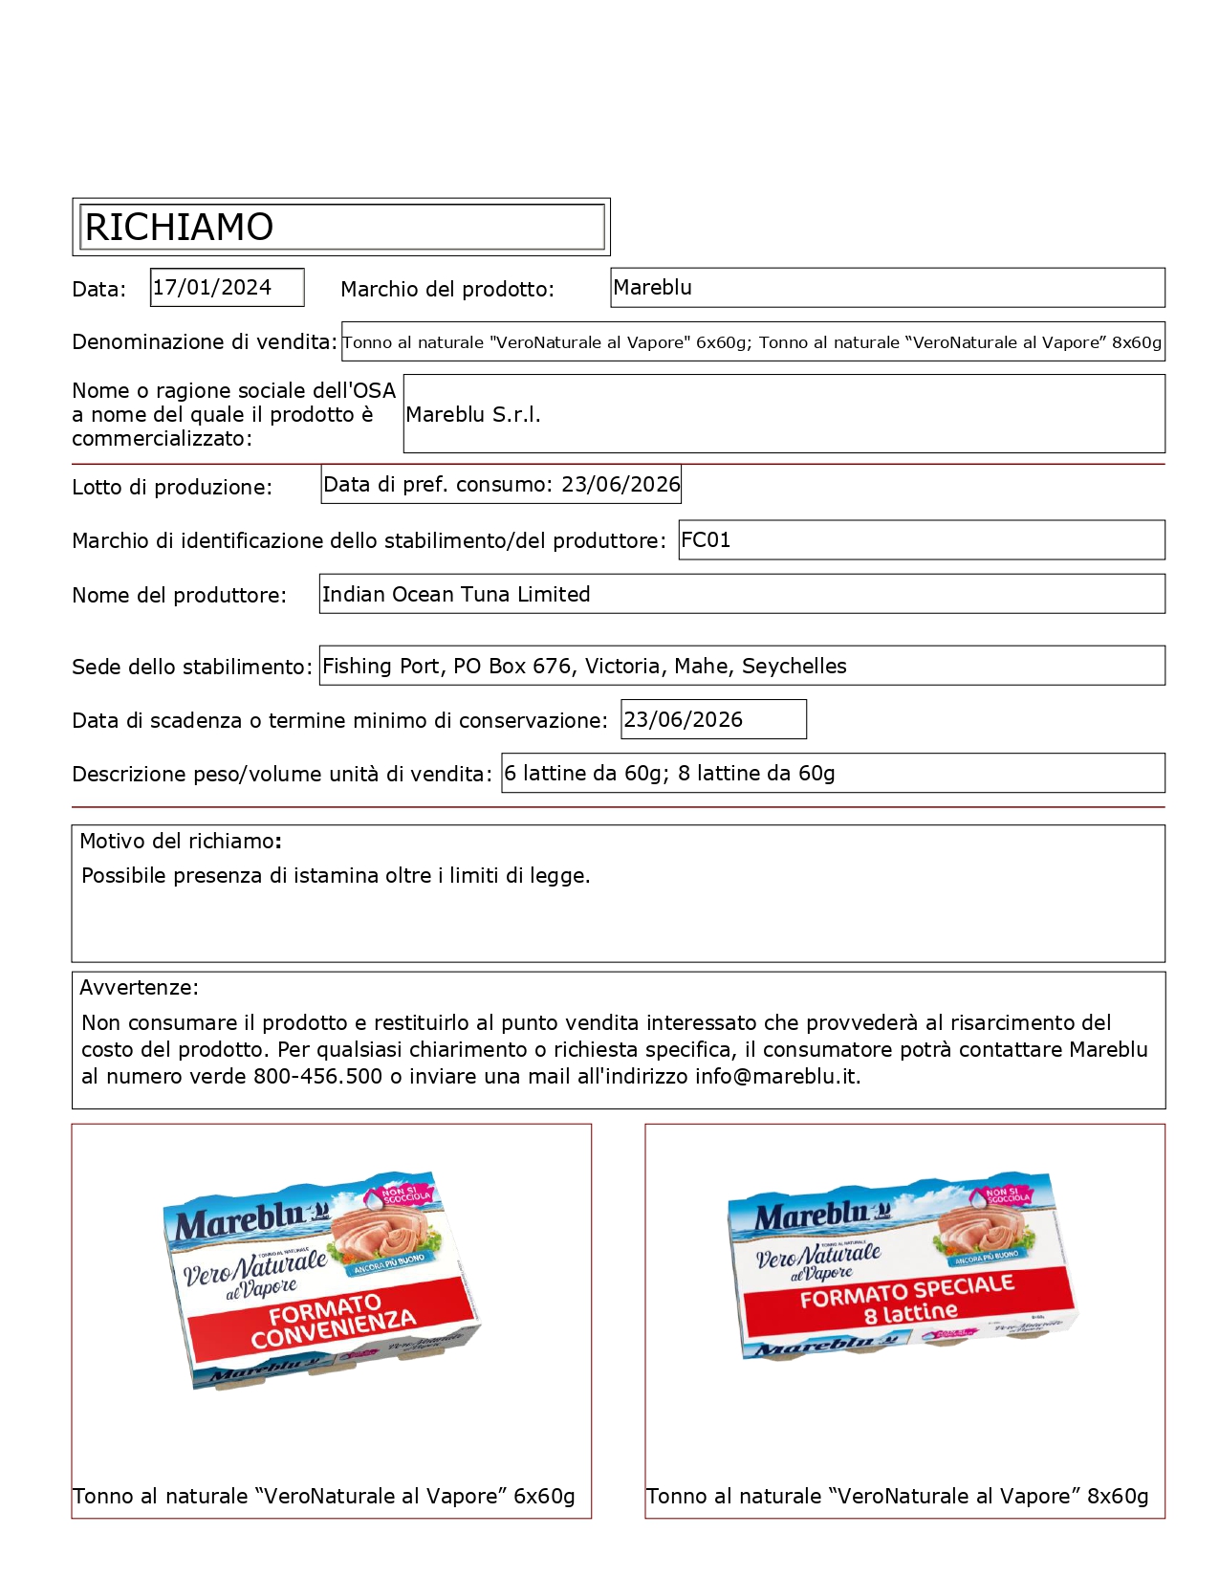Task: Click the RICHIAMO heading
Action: [x=180, y=228]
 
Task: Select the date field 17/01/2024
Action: [x=227, y=288]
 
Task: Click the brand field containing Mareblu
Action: [x=886, y=288]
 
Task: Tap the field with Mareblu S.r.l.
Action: [x=783, y=414]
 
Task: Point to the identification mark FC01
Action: [x=921, y=540]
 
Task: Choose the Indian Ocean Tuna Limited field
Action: [x=741, y=594]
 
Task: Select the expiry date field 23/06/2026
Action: [x=712, y=720]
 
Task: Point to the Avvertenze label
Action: [x=139, y=988]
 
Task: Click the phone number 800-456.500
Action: [x=317, y=1077]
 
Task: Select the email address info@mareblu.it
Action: [x=776, y=1077]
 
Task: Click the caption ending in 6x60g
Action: [x=324, y=1497]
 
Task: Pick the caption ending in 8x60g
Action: [x=897, y=1497]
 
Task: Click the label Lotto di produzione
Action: [x=172, y=488]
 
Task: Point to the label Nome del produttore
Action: [x=179, y=596]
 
